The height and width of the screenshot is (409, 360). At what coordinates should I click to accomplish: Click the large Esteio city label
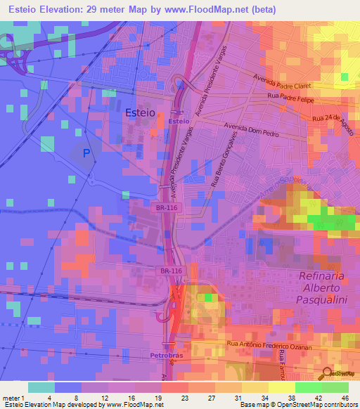coord(139,112)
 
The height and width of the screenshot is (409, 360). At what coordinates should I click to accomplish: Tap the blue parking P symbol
coord(86,152)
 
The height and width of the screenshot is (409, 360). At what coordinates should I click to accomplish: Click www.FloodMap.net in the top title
coord(207,10)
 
